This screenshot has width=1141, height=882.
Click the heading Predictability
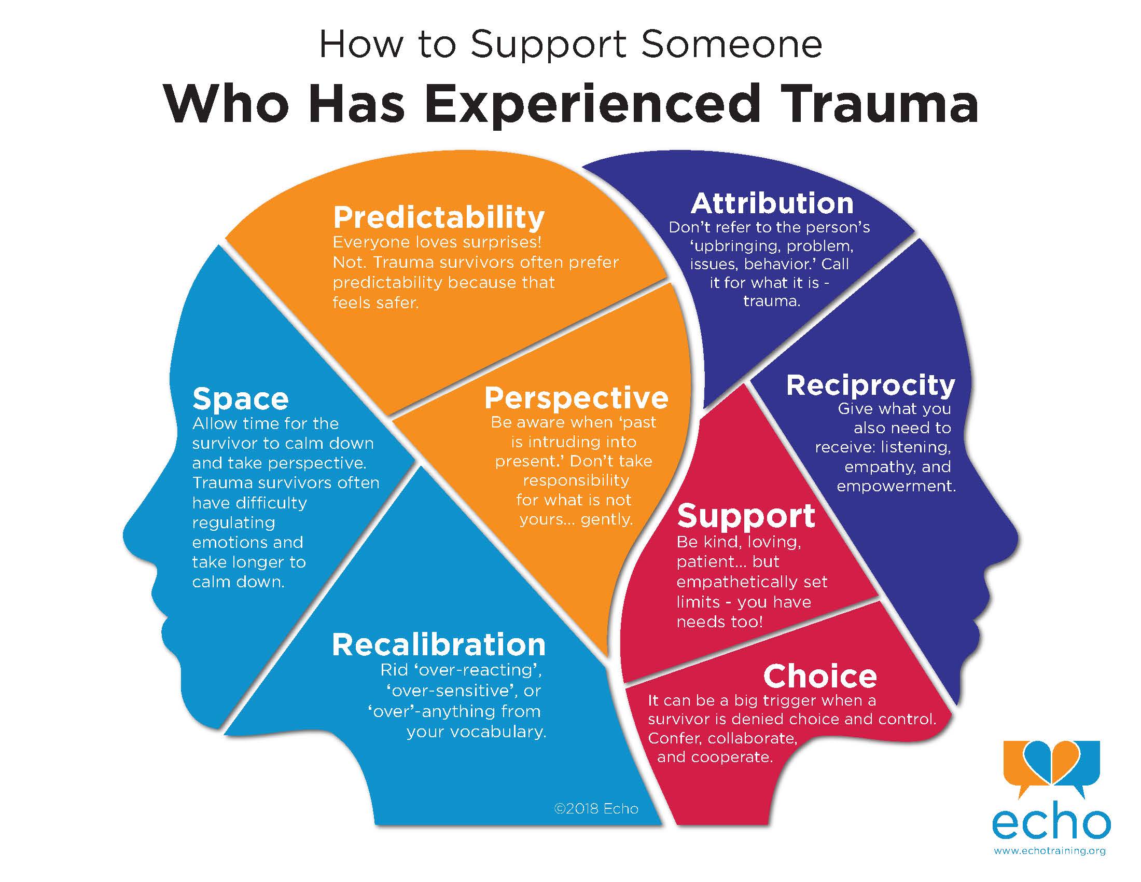pos(438,217)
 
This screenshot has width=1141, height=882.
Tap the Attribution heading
pos(772,203)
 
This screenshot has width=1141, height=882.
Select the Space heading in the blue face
pos(240,399)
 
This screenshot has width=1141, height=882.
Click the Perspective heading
pos(576,398)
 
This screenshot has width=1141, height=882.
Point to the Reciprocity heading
pos(870,385)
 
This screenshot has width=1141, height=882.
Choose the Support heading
pos(745,516)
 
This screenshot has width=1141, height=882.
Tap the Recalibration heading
pos(438,645)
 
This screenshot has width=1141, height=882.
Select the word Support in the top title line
pos(548,45)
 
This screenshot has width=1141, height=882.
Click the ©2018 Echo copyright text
pos(595,809)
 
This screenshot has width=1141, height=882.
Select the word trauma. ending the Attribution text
pos(771,301)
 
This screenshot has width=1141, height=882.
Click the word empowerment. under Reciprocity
pos(896,487)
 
